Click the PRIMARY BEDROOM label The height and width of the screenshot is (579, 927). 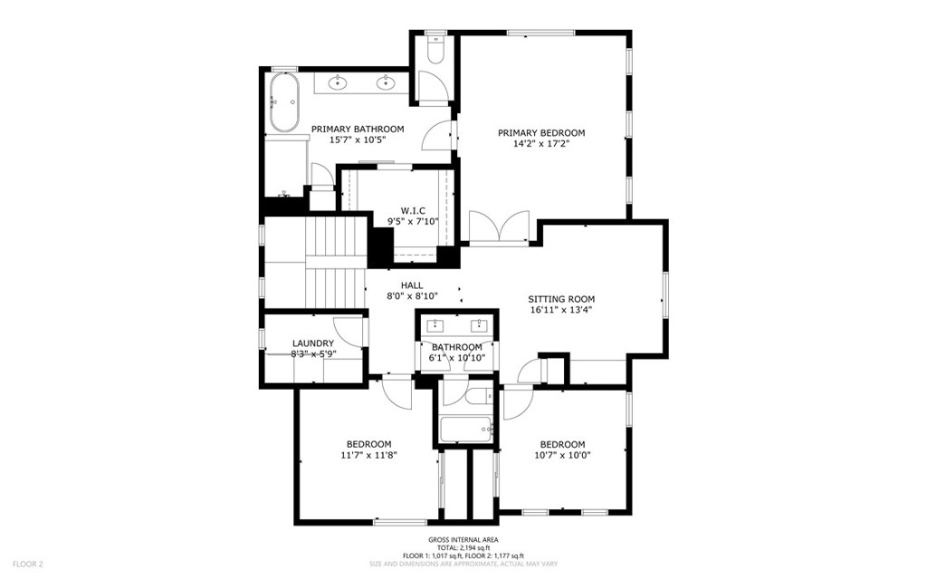[x=541, y=132]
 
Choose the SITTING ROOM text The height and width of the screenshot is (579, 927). [x=561, y=299]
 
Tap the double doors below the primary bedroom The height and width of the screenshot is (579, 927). [x=499, y=227]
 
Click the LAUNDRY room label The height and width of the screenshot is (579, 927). [x=313, y=343]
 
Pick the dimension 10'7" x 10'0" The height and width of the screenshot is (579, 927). [x=562, y=456]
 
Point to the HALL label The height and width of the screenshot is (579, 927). [x=412, y=285]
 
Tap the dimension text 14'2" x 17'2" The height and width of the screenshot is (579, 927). [x=541, y=143]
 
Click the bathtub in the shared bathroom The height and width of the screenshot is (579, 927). [x=464, y=428]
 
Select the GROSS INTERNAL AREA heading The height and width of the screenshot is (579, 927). [x=463, y=539]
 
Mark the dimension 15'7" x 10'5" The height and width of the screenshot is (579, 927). [x=358, y=140]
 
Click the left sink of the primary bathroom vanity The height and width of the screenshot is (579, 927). [x=338, y=84]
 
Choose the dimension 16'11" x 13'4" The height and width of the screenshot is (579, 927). [x=561, y=310]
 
